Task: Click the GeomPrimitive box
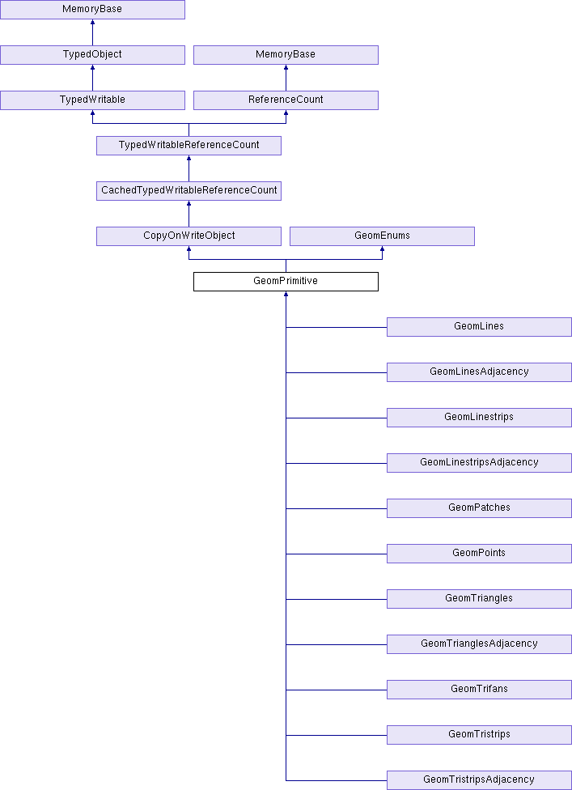click(x=286, y=281)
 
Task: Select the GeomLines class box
click(x=479, y=326)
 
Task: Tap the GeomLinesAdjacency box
click(x=479, y=372)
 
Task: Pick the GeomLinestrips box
click(x=479, y=417)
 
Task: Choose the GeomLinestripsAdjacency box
click(x=479, y=462)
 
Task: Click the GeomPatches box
click(x=479, y=508)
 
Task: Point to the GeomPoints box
click(x=479, y=553)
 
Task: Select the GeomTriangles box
click(x=479, y=598)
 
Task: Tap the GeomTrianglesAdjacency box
click(x=479, y=643)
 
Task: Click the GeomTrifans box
click(x=479, y=690)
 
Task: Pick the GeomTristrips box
click(x=479, y=735)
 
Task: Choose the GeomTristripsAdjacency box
click(x=479, y=780)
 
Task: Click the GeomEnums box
click(x=382, y=236)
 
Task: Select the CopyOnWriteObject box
click(x=189, y=236)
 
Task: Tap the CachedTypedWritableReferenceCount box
click(x=189, y=190)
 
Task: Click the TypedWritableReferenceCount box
click(x=189, y=145)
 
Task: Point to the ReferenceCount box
click(x=286, y=100)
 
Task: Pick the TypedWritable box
click(x=92, y=100)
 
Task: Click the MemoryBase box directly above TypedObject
click(x=92, y=9)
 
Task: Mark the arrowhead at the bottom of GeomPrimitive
click(x=286, y=293)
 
